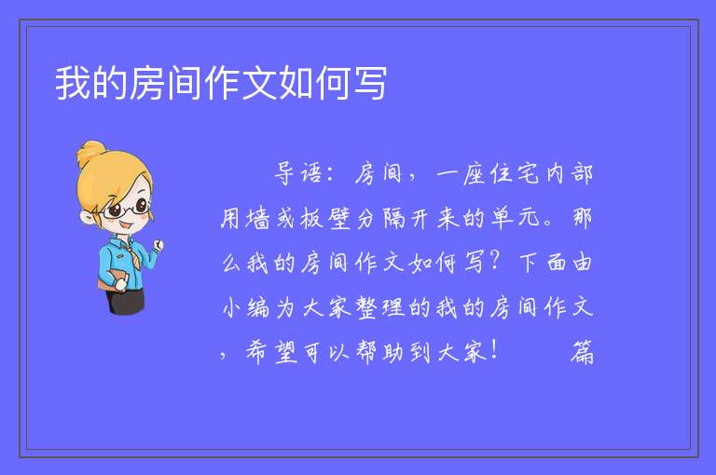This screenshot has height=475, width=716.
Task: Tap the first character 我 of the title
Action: point(73,83)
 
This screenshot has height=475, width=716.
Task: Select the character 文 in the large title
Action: point(258,83)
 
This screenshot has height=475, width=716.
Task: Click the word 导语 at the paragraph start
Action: point(297,173)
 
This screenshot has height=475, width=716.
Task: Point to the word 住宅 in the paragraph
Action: point(515,173)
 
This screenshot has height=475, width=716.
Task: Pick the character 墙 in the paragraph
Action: point(258,218)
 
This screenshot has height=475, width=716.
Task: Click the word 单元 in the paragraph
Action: point(516,218)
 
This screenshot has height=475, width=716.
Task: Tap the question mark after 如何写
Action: point(494,262)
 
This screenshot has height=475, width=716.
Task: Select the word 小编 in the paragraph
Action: point(246,307)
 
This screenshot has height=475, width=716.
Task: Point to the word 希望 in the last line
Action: point(271,352)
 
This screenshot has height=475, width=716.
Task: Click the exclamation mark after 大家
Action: point(494,350)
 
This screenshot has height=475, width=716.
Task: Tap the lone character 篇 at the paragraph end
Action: point(582,352)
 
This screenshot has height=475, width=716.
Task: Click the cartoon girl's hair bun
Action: point(90,153)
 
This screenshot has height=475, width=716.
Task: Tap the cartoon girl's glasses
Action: point(127,209)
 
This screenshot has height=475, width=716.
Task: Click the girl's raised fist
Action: point(158,245)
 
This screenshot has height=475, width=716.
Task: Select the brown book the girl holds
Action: point(111,279)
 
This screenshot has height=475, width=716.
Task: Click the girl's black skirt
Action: point(126,301)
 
